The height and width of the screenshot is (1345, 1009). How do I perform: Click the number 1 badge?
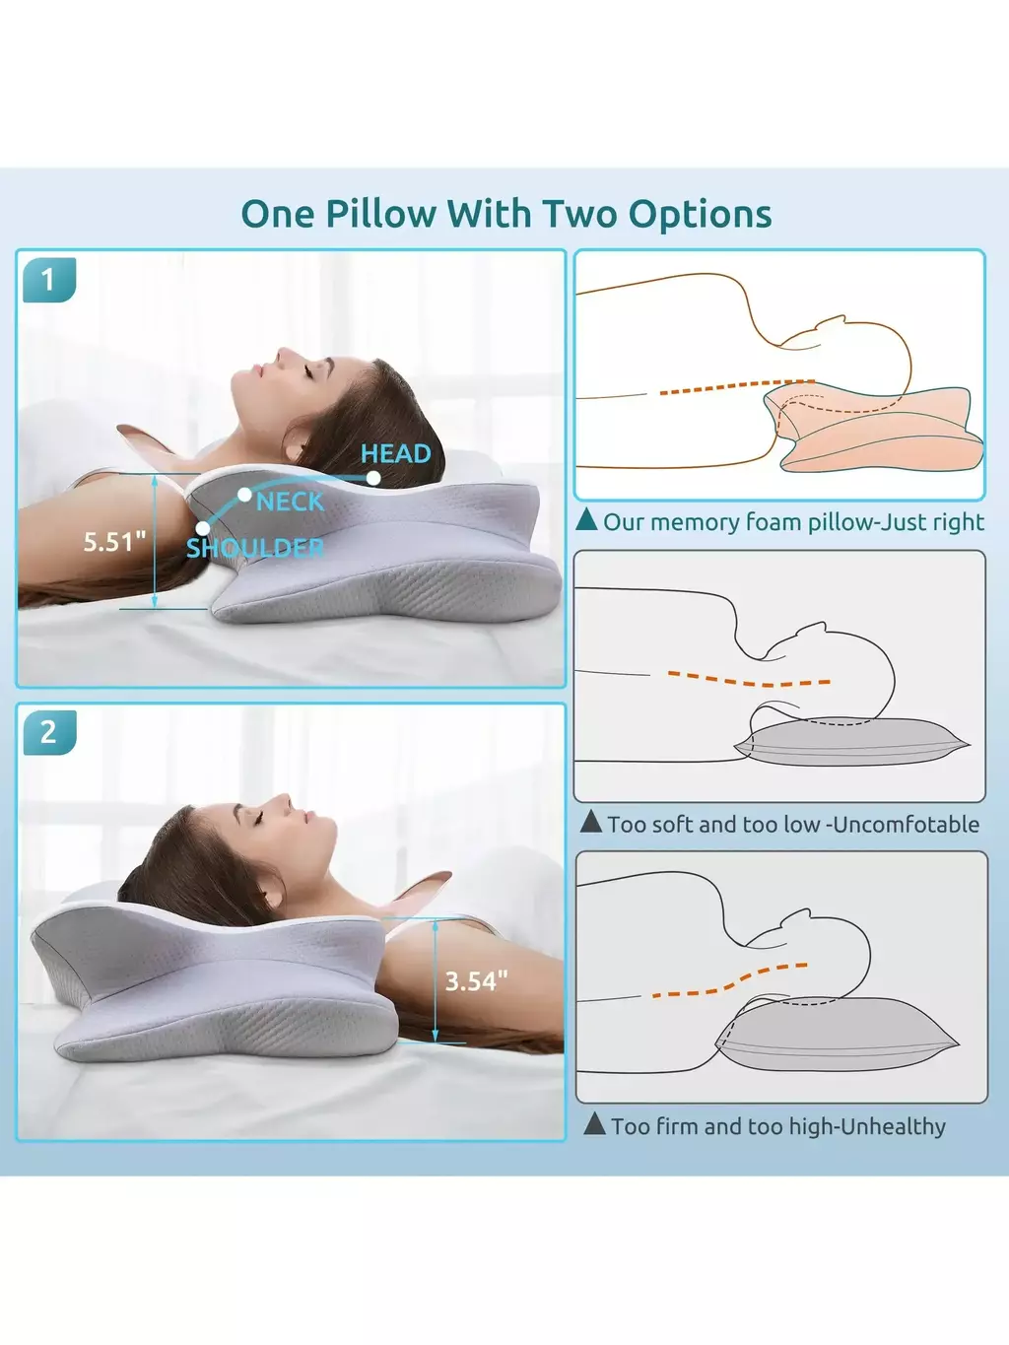coord(49,280)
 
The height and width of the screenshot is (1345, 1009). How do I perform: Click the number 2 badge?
coord(49,732)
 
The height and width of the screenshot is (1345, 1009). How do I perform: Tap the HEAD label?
coord(396,454)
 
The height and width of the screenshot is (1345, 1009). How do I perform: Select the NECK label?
coord(290,502)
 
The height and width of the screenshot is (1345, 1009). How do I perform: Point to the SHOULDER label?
coord(255,548)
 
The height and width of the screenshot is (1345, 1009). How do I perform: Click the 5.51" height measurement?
coord(114,542)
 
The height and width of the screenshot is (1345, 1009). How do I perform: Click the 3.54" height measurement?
coord(476,981)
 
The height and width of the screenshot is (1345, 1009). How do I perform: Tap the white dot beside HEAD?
coord(373,478)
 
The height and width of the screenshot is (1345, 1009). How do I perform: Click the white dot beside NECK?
coord(244,495)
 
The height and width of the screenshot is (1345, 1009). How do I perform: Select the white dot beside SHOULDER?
coord(203,528)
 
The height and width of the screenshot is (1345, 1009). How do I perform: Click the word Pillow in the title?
coord(380,214)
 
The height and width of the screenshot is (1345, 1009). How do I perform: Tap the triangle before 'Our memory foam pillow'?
coord(586,519)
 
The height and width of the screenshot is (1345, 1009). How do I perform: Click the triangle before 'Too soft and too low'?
coord(590,821)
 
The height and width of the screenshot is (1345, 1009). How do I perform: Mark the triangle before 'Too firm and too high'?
coord(594,1123)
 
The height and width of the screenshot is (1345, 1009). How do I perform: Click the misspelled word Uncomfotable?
coord(907,825)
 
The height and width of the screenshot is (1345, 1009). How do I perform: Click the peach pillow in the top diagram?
coord(873,428)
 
